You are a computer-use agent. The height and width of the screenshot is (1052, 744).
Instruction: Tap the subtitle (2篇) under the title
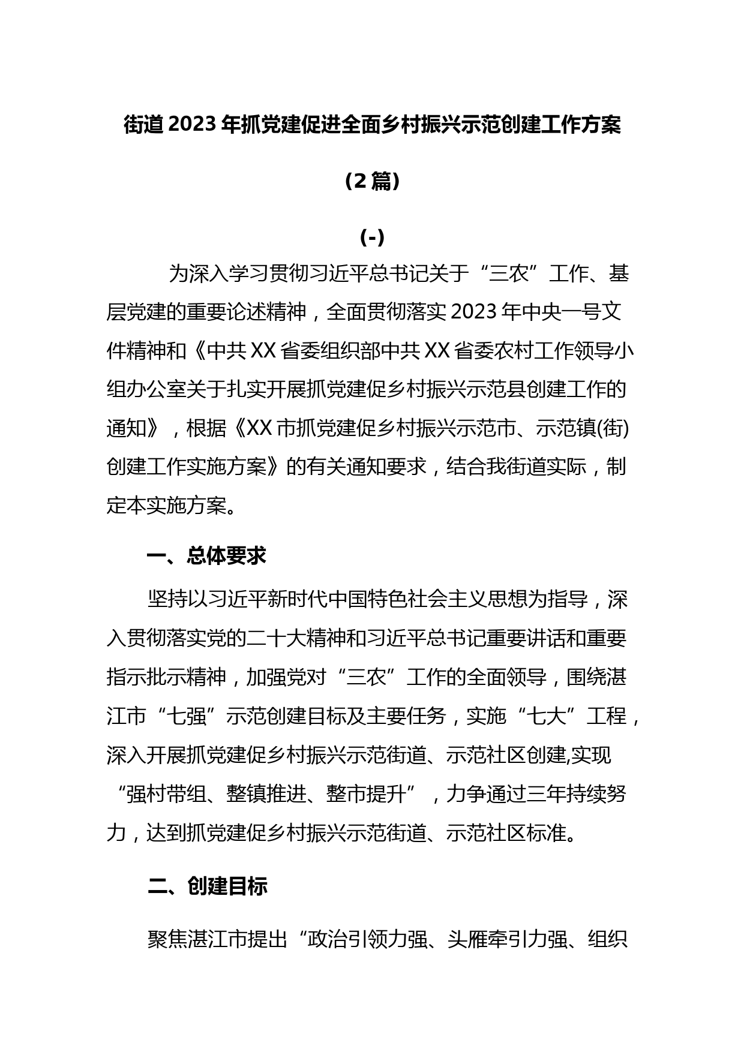point(372,181)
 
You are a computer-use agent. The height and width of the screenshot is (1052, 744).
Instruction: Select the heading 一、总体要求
point(206,556)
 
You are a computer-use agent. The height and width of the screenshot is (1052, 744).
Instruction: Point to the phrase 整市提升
point(367,794)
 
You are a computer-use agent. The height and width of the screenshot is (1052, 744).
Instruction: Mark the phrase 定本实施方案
point(166,506)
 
